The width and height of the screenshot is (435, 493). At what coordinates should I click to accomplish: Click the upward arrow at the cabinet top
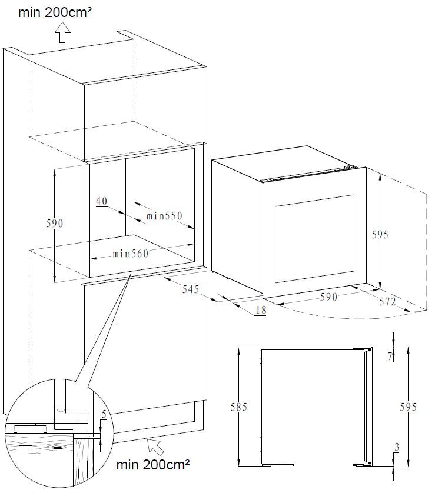(62, 32)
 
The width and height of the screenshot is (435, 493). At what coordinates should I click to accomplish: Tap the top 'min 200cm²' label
(55, 12)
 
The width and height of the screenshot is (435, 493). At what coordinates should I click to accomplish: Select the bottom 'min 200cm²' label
(153, 464)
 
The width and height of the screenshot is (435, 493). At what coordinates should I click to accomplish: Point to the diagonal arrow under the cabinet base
(156, 447)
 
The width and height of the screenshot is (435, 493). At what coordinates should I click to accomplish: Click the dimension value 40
(101, 201)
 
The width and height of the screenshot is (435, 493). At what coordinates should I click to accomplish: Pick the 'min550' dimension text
(164, 216)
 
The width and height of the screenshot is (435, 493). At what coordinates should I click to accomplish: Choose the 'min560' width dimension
(131, 254)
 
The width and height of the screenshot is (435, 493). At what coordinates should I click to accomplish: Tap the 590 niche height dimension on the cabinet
(55, 223)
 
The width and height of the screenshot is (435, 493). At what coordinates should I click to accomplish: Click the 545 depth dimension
(191, 289)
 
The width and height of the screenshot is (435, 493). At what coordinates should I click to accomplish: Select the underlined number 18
(261, 310)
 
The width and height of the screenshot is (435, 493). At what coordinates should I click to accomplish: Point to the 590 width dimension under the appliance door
(328, 297)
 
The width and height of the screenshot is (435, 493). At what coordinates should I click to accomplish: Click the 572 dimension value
(387, 302)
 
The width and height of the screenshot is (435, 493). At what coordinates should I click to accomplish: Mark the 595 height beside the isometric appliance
(380, 235)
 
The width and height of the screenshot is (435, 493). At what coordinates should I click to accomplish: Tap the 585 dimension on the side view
(239, 407)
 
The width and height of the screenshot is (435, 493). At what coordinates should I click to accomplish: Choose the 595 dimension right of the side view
(409, 407)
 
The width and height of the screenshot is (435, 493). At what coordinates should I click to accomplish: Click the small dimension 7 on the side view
(390, 357)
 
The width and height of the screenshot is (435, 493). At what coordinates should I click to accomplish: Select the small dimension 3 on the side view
(397, 447)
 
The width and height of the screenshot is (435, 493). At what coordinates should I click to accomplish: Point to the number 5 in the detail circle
(104, 415)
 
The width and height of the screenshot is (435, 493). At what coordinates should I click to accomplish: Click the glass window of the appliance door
(314, 239)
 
